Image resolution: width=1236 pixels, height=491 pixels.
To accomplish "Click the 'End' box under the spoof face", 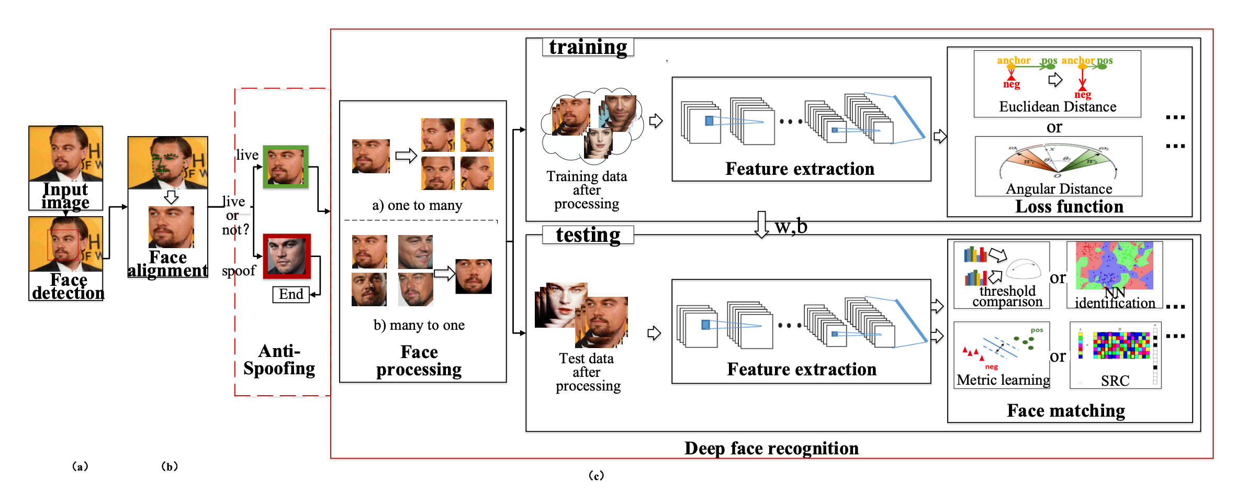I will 291,294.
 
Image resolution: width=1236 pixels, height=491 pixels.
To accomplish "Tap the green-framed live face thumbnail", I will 285,166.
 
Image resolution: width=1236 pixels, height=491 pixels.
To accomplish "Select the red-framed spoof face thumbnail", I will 287,256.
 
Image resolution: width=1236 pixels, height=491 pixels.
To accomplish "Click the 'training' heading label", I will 588,47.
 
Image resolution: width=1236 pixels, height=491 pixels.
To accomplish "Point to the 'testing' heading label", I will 588,235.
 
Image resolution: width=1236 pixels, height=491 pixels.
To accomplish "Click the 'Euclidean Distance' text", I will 1058,107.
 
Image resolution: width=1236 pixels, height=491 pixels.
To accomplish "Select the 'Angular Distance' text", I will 1059,188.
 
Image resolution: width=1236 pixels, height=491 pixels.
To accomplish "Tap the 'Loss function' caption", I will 1069,206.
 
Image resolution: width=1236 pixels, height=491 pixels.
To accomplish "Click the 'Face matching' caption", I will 1066,410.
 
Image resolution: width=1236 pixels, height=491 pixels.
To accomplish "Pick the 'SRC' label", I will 1115,381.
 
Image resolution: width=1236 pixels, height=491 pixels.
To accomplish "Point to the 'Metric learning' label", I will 1003,380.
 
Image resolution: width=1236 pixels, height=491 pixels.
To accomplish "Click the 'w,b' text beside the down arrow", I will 791,226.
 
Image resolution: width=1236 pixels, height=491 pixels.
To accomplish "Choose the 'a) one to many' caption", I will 417,205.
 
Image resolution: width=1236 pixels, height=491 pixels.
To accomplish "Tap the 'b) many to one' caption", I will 419,325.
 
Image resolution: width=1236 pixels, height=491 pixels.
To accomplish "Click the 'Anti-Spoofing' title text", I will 279,360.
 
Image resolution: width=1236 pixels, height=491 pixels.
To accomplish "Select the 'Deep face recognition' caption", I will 771,448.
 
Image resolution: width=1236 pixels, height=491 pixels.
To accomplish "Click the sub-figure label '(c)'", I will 596,475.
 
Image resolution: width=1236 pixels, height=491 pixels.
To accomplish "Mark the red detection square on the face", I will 63,244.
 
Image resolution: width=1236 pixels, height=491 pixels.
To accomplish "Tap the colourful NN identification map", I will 1114,265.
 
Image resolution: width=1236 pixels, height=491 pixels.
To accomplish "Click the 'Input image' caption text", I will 65,195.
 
